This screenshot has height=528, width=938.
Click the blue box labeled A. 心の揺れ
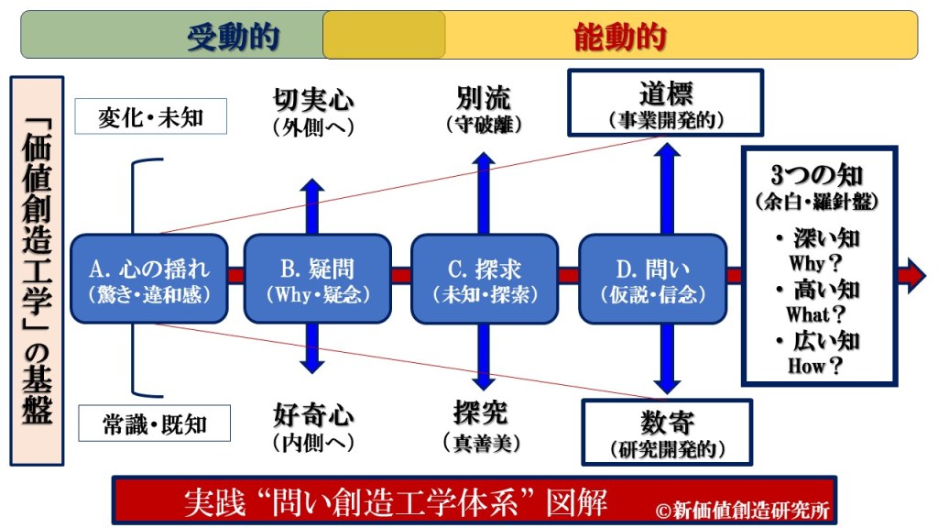148,279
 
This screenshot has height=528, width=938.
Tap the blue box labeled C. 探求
485,279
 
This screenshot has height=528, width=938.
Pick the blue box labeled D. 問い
652,279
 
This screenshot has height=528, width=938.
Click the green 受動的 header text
233,37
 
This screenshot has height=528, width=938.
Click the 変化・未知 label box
151,117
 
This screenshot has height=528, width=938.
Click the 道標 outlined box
665,103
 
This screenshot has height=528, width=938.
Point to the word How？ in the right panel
814,365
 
